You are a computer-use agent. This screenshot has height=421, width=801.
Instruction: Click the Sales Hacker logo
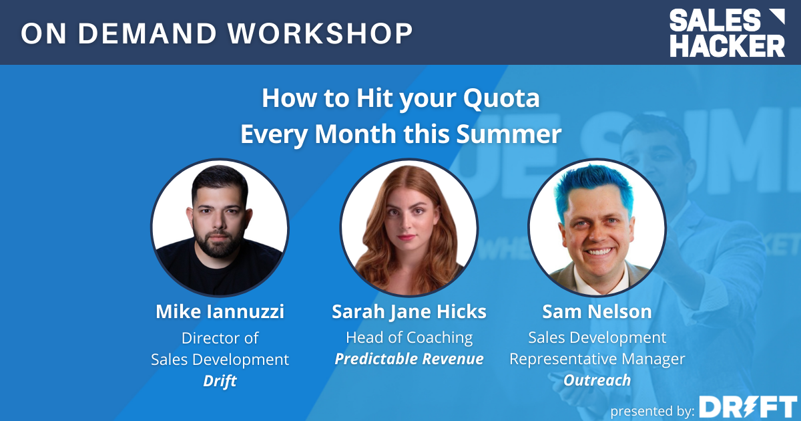point(727,33)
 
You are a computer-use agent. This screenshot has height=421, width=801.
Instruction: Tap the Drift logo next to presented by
point(748,406)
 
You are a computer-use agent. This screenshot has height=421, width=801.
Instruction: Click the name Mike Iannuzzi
point(220,311)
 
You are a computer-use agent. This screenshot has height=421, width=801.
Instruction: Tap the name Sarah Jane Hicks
point(409,311)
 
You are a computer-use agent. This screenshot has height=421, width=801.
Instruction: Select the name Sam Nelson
point(597,311)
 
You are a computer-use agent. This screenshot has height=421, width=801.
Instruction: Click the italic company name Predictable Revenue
point(409,359)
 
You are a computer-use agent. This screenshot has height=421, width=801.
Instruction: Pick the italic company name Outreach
point(597,380)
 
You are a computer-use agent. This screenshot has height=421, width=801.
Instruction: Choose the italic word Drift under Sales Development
point(220,380)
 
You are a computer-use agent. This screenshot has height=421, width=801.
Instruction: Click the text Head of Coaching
point(409,337)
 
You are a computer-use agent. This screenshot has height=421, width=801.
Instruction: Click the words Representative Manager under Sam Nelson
point(597,359)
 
